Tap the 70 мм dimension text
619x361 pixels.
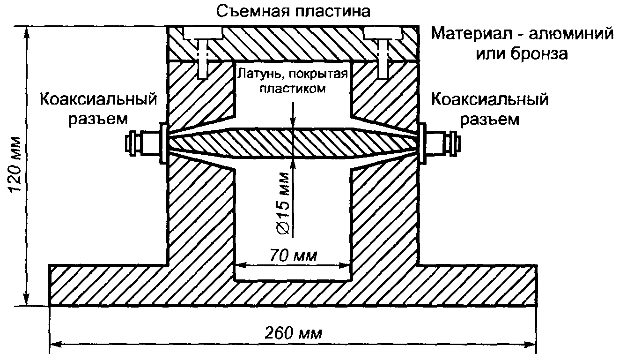point(294,256)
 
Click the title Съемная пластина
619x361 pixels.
point(293,11)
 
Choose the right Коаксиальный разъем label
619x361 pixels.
point(489,109)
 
